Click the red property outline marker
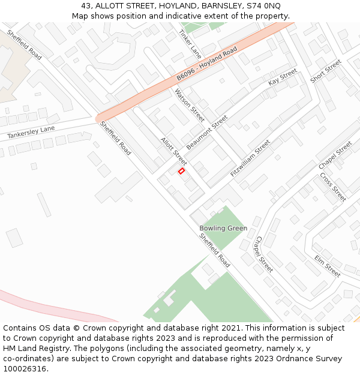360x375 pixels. [x=181, y=171]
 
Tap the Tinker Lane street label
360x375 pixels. [x=190, y=44]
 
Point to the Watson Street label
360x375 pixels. [x=190, y=105]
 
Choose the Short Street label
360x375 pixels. [x=326, y=71]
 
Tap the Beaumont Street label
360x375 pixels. [x=207, y=133]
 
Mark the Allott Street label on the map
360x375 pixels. [x=173, y=151]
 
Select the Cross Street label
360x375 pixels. [x=333, y=187]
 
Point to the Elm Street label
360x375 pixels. [x=328, y=266]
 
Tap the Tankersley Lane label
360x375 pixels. [x=31, y=133]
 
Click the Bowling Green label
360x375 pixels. [x=223, y=229]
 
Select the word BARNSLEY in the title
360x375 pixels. [x=223, y=5]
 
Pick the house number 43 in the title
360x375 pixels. [x=86, y=5]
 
